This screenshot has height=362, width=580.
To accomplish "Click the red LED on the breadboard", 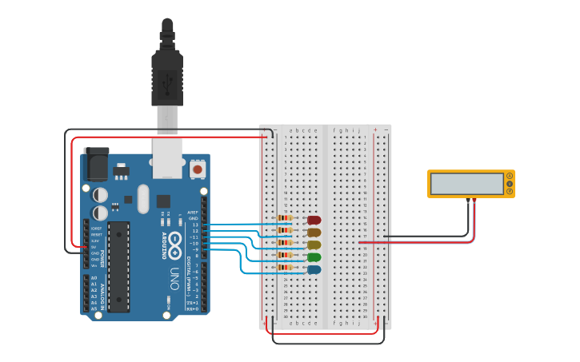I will click(314, 220).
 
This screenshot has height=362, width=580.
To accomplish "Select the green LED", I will click(314, 257).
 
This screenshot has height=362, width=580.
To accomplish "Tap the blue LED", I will click(314, 270).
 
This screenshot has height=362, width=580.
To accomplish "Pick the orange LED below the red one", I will click(314, 233).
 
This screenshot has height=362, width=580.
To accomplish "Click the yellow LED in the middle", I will click(314, 245).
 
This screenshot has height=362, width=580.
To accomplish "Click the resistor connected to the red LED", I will click(285, 218).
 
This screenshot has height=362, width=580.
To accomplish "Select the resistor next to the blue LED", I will click(285, 269).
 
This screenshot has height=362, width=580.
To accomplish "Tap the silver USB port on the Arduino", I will click(167, 159).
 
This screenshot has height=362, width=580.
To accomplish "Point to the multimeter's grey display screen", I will click(466, 184).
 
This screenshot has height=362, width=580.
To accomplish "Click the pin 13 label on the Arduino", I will click(195, 225).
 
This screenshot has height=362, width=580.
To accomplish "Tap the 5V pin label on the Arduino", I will click(94, 247).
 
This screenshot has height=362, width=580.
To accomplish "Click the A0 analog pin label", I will click(94, 278).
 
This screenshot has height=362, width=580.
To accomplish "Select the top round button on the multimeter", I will click(510, 176).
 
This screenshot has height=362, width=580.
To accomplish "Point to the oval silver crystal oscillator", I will click(143, 199).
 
